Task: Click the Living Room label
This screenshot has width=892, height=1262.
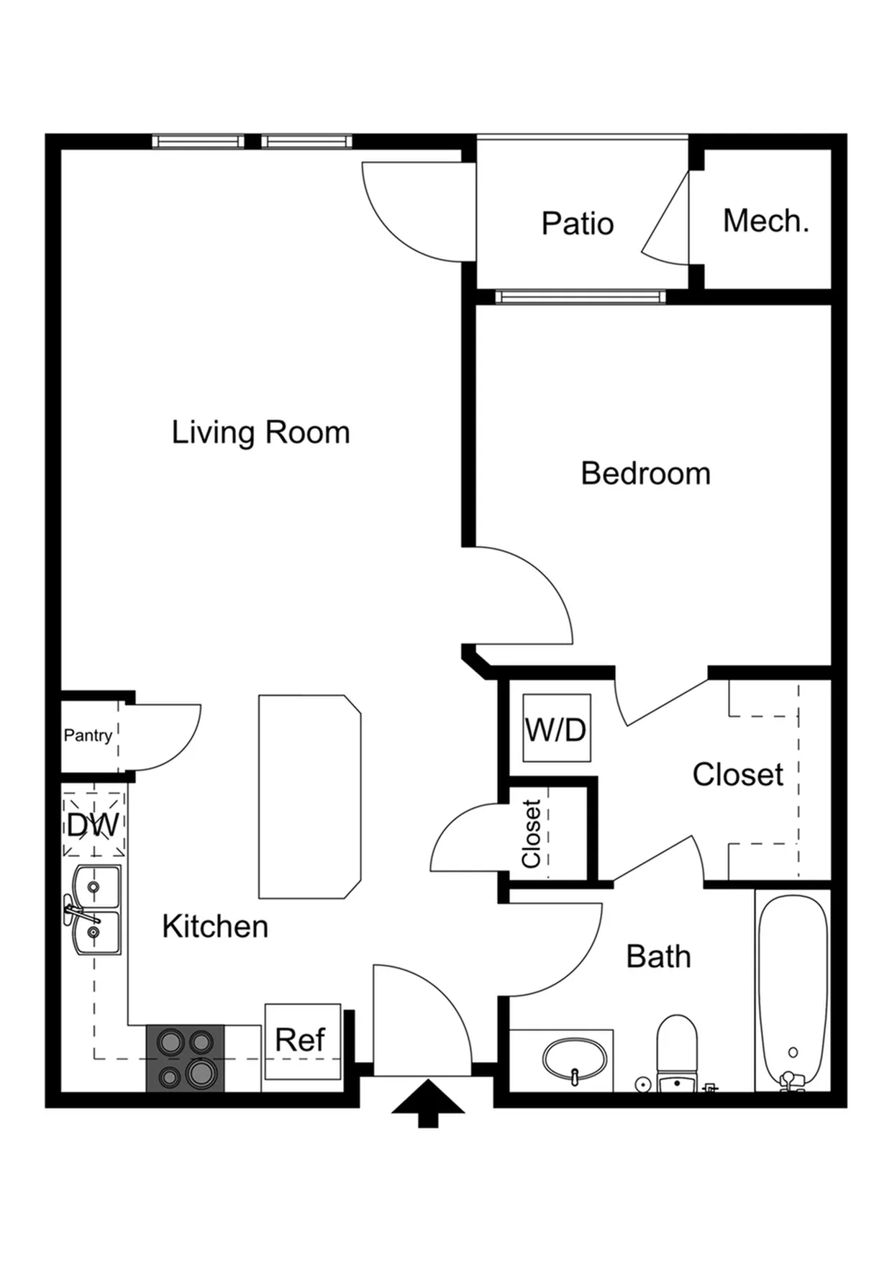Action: click(x=260, y=432)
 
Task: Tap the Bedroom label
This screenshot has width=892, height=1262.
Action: click(x=645, y=473)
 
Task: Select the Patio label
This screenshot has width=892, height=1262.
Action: click(x=578, y=223)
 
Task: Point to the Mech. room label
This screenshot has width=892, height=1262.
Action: click(x=766, y=221)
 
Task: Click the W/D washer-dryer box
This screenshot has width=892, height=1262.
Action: click(x=557, y=728)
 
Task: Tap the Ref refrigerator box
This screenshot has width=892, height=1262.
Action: click(x=302, y=1041)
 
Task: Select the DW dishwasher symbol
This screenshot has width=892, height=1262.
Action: click(x=94, y=825)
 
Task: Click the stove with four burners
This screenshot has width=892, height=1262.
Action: click(x=186, y=1058)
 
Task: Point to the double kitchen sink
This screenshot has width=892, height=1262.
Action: click(x=94, y=910)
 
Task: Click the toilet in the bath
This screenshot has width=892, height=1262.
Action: click(x=677, y=1053)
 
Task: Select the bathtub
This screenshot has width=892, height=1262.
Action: click(x=793, y=991)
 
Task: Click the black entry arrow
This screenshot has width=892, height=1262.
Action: click(x=428, y=1103)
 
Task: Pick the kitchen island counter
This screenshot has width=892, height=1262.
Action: click(x=309, y=796)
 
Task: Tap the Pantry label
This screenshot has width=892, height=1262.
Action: click(x=88, y=735)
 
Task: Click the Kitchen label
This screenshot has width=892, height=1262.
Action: click(x=215, y=926)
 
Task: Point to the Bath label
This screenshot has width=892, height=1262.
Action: click(x=658, y=956)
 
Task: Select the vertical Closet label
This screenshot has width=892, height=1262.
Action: click(x=531, y=834)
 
